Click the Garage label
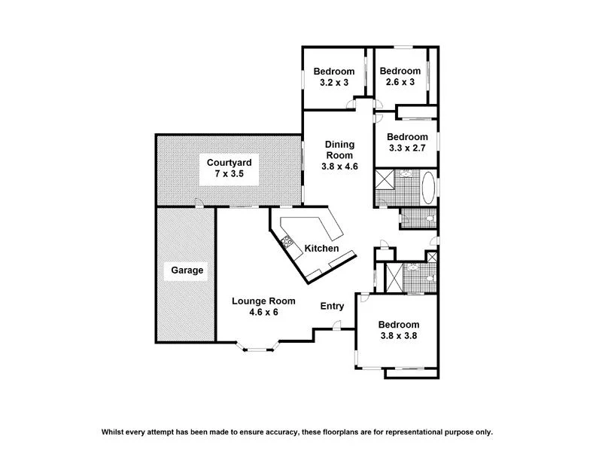[x=187, y=270]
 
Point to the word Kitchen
[x=321, y=249]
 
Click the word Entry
[x=332, y=306]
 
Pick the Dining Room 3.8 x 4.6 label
[x=339, y=155]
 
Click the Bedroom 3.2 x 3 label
[x=334, y=78]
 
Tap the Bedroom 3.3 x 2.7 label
[x=407, y=142]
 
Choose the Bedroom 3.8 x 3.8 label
[x=399, y=331]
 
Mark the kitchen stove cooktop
[x=287, y=243]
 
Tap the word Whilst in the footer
[x=114, y=432]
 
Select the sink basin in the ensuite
[x=412, y=268]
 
